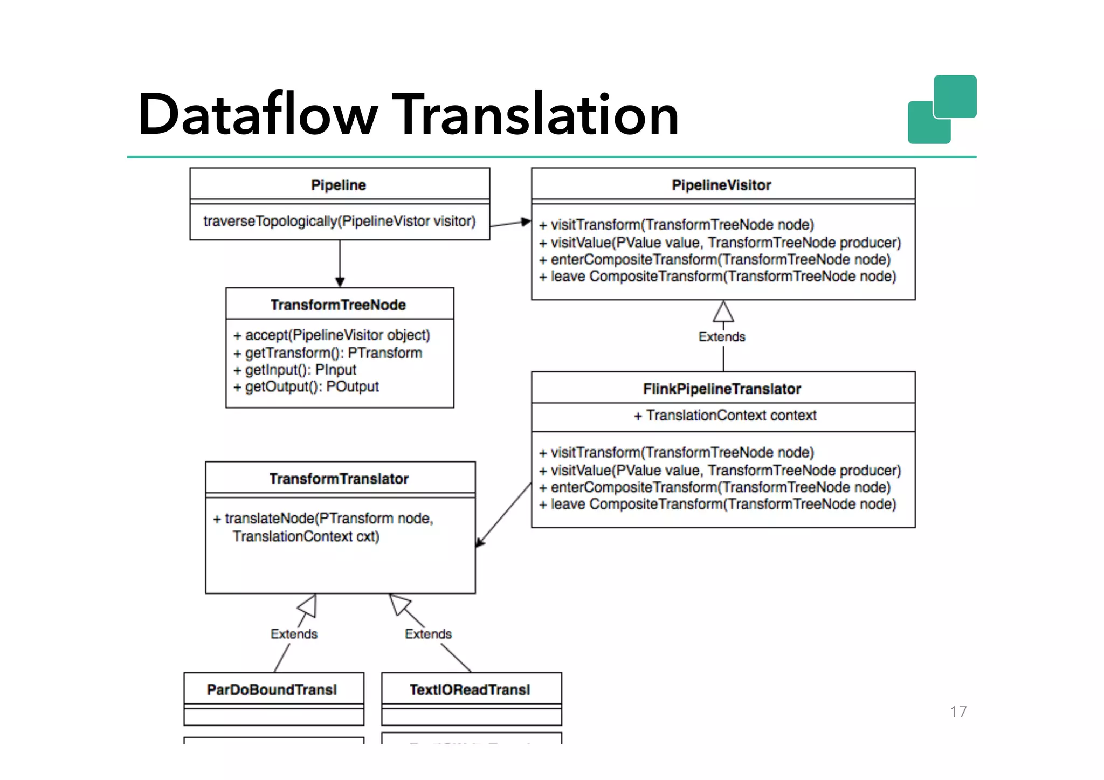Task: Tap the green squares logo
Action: tap(942, 109)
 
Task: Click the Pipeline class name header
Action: tap(339, 185)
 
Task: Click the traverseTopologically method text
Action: tap(339, 221)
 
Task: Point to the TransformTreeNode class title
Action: tap(338, 305)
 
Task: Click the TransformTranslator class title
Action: tap(339, 479)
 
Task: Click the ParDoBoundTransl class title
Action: tap(272, 689)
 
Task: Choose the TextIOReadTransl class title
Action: tap(470, 689)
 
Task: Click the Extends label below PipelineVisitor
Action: tap(722, 336)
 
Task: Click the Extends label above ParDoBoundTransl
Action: tap(294, 634)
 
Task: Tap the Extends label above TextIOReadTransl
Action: tap(428, 634)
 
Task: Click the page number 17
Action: tap(958, 712)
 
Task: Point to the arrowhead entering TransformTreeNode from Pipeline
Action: tap(340, 282)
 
